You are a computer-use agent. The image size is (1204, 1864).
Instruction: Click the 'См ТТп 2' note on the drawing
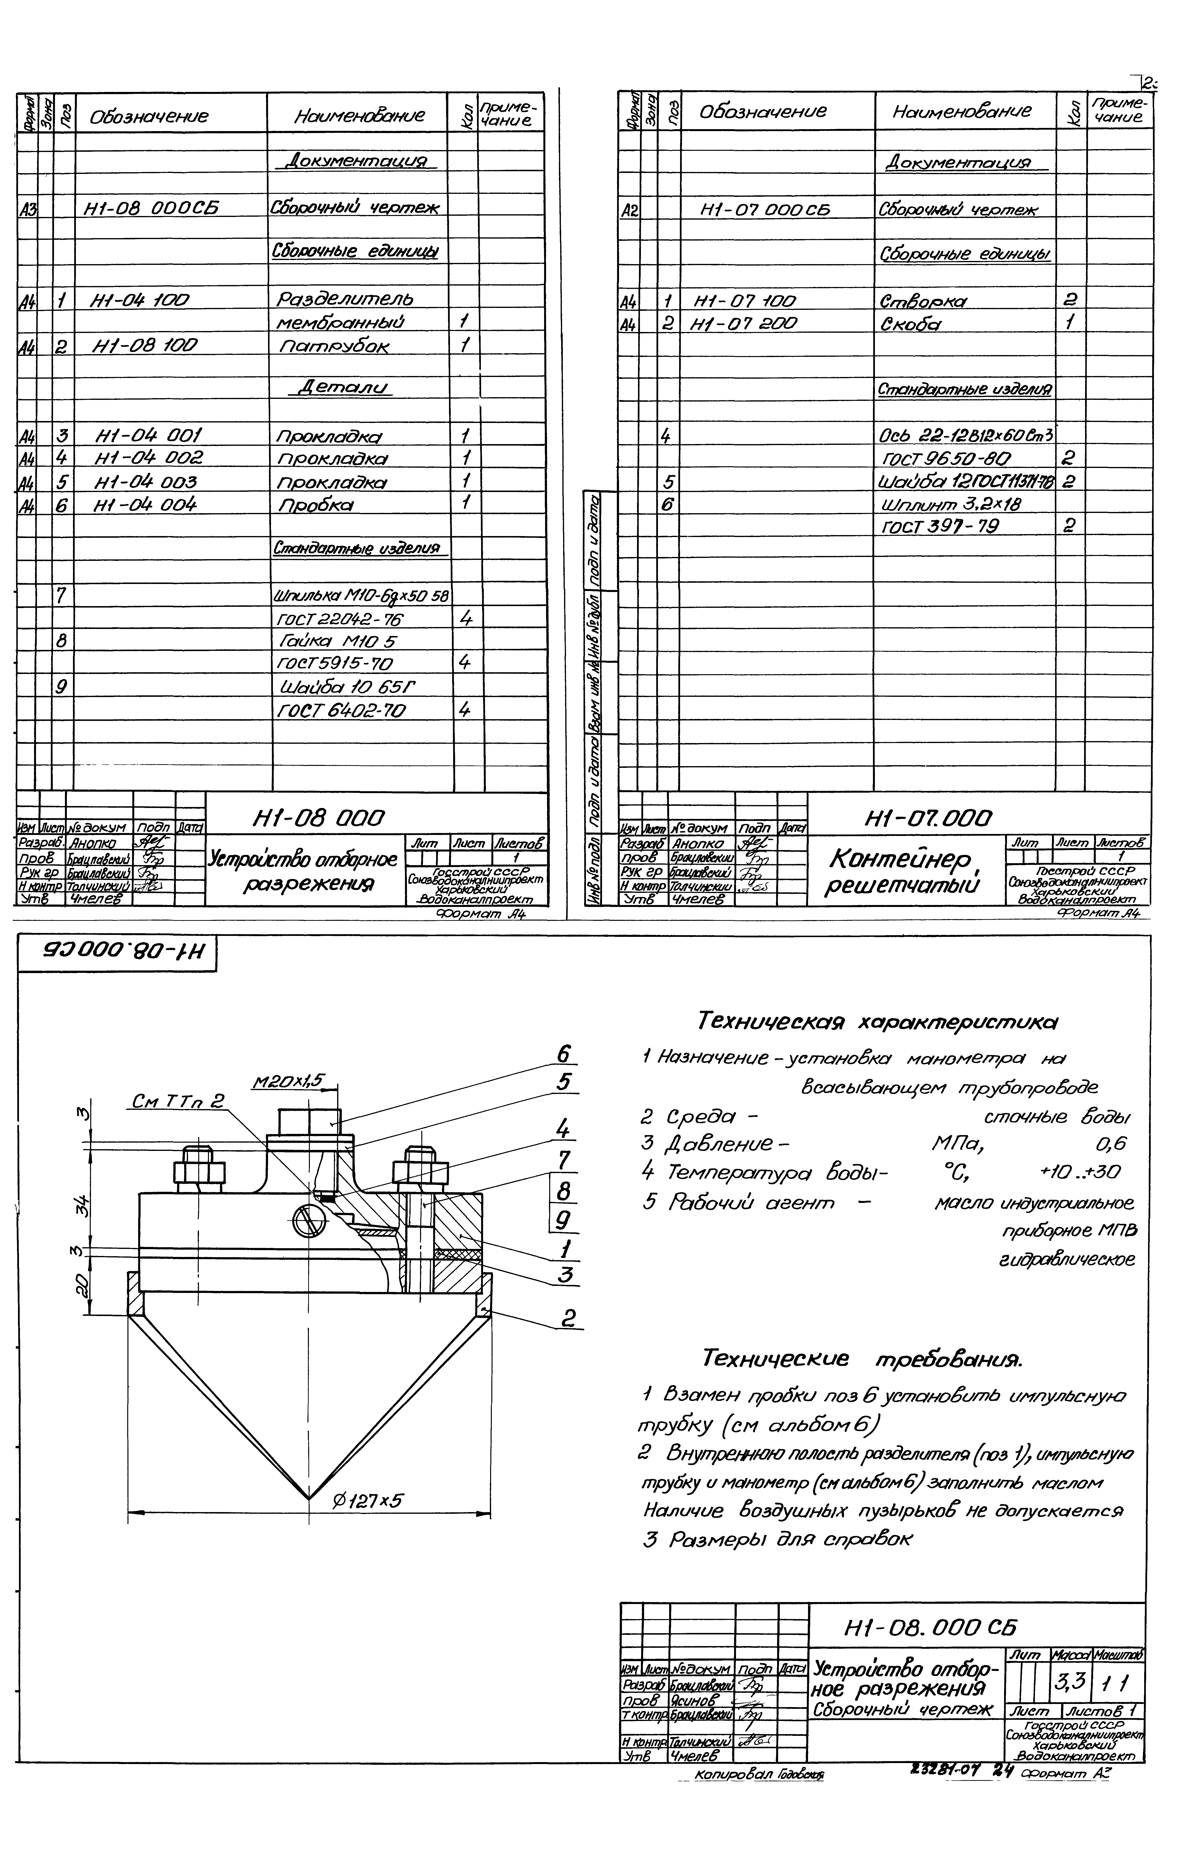[x=178, y=1102]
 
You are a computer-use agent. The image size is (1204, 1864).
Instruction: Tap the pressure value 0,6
[x=1110, y=1144]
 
